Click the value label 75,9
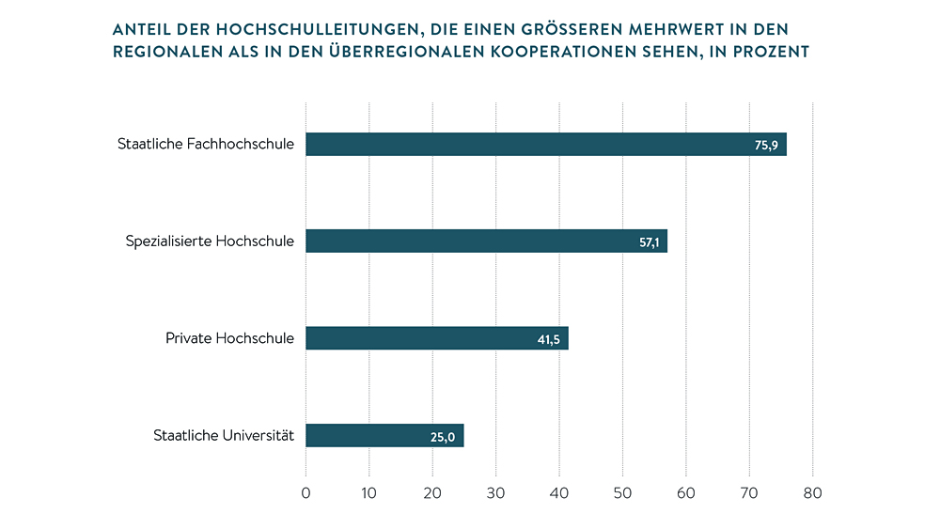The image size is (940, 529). pos(766,146)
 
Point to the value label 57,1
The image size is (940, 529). pos(650,242)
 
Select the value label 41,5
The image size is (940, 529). pos(549,339)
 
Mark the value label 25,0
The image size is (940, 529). pos(443,436)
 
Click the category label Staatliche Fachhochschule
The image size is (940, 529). pos(205,145)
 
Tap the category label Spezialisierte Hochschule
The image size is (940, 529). pos(210,241)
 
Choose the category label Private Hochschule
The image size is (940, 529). pos(229,338)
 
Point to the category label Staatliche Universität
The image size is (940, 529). pos(224,435)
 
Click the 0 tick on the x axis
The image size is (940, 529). pos(305,492)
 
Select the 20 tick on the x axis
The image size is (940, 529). pos(432,492)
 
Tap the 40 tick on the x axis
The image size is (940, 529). pos(558,492)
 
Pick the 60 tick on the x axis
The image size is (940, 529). pos(685,492)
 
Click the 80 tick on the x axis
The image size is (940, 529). pos(812,492)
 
